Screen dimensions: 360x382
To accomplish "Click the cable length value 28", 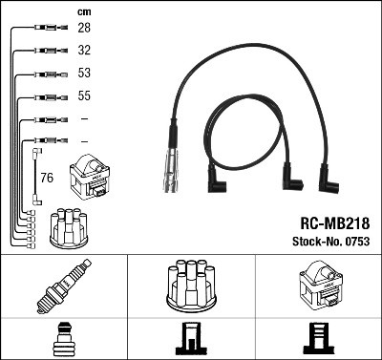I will tap(84, 29).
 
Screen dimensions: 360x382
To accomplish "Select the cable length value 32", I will tap(84, 50).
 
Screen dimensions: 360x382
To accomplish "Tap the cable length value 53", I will tap(84, 74).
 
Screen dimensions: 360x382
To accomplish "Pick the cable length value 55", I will tap(84, 95).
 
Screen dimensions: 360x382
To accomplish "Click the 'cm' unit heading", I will tap(82, 11).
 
